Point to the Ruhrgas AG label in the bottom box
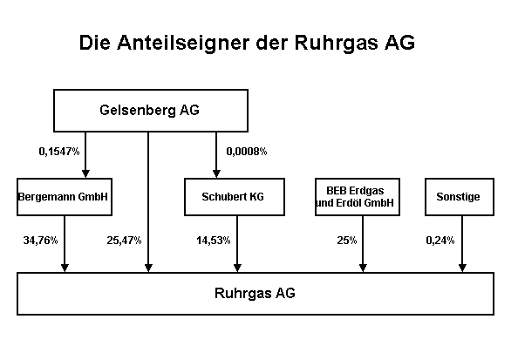click(x=255, y=293)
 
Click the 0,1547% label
click(x=59, y=152)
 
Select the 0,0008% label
click(x=247, y=152)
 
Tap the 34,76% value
click(x=40, y=241)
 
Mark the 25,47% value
click(x=124, y=241)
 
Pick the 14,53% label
click(x=214, y=241)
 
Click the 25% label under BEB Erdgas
click(x=347, y=241)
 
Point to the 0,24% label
click(x=440, y=241)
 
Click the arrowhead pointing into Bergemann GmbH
click(x=85, y=174)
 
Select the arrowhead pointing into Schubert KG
click(x=216, y=174)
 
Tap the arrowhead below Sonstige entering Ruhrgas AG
click(x=462, y=268)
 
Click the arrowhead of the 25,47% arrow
click(x=148, y=268)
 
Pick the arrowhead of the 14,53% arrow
click(x=237, y=268)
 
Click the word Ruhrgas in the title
click(x=336, y=44)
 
